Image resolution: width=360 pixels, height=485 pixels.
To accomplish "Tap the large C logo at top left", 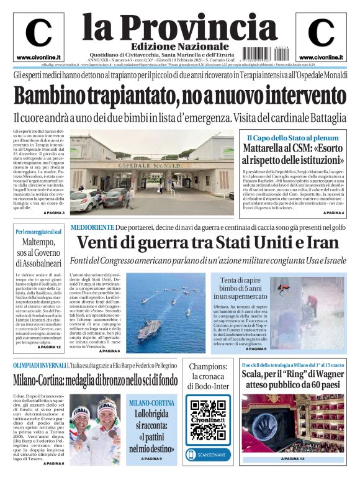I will click(x=38, y=34).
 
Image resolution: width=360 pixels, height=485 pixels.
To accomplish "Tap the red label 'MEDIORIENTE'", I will click(x=92, y=227).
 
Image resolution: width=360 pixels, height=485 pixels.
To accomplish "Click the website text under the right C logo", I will click(x=321, y=57).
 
